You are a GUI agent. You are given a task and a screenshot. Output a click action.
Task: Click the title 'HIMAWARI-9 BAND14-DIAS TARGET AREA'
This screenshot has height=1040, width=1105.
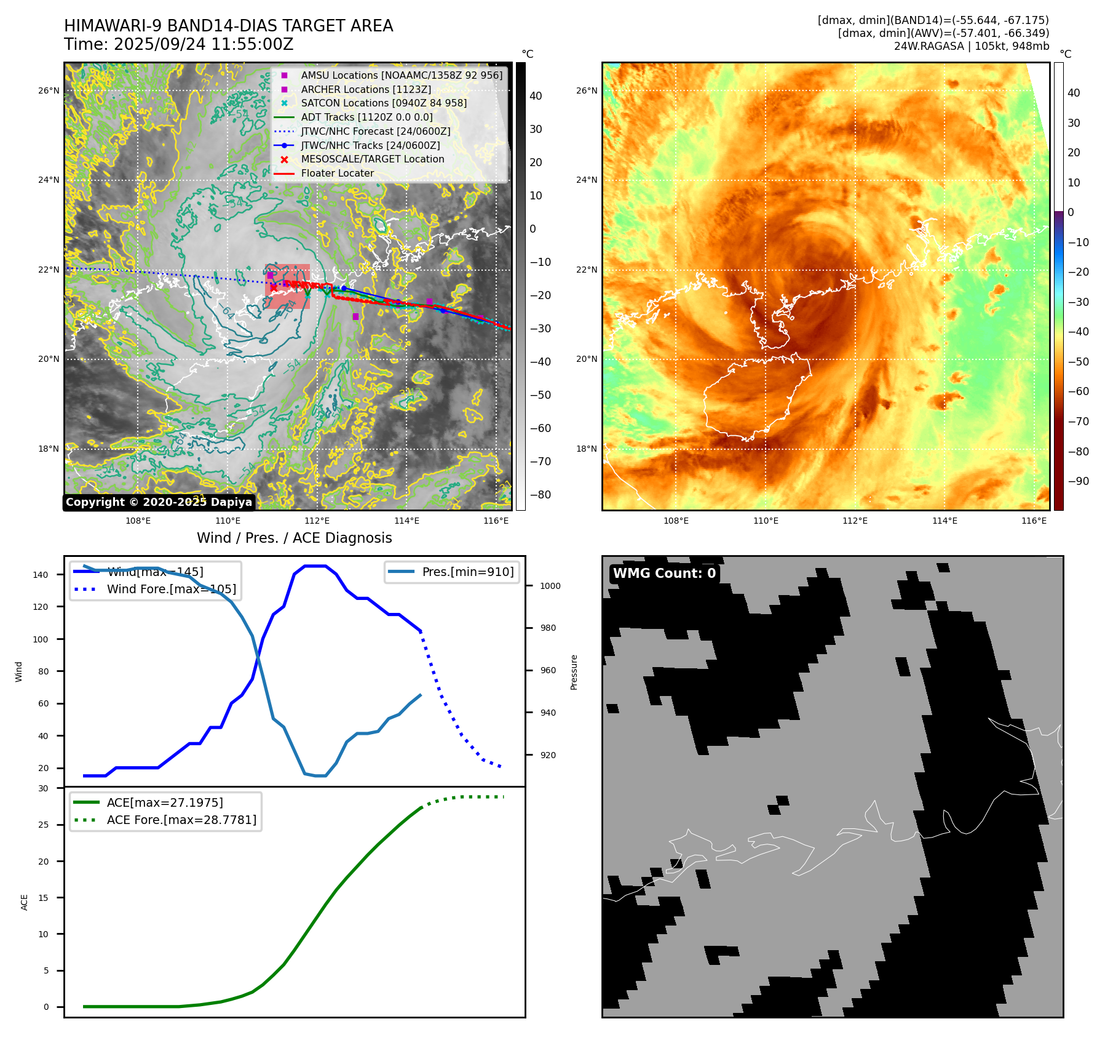pos(228,26)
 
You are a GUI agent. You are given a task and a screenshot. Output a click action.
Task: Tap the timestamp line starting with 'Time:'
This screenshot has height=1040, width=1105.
pos(178,45)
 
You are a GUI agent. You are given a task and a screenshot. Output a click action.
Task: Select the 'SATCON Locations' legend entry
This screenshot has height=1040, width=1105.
pos(383,103)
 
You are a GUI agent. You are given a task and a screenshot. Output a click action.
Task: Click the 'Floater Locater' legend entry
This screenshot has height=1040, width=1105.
pos(337,173)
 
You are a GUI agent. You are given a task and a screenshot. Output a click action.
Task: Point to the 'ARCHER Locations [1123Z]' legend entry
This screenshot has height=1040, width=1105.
pos(365,89)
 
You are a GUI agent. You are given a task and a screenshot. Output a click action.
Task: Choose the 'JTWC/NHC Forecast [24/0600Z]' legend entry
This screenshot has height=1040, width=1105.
pos(375,131)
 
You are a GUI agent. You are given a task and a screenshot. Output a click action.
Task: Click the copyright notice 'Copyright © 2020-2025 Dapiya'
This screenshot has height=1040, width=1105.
pos(159,502)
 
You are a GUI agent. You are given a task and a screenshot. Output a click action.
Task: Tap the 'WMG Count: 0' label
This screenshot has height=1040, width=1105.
pos(664,574)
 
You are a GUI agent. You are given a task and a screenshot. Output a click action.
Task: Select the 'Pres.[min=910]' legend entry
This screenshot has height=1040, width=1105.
pos(467,572)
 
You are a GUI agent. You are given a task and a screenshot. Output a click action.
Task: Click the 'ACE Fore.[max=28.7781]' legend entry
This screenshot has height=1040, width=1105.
pos(181,820)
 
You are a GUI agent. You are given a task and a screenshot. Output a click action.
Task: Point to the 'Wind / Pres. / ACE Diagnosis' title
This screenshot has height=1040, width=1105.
pos(294,538)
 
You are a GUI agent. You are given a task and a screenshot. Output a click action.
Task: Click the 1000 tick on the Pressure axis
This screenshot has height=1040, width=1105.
pos(550,586)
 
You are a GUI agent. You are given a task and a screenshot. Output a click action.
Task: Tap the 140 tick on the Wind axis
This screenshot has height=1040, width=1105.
pos(41,575)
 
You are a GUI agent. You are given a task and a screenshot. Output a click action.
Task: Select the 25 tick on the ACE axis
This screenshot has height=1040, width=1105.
pos(43,825)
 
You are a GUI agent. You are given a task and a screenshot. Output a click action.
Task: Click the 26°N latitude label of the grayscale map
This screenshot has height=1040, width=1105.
pos(49,90)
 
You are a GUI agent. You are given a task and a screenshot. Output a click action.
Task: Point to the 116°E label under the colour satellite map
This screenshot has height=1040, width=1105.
pos(1034,521)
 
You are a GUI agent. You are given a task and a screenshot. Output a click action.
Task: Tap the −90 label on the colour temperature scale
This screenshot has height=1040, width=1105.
pos(1078,481)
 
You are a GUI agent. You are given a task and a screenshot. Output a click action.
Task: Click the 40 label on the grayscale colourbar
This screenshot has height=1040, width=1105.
pos(536,95)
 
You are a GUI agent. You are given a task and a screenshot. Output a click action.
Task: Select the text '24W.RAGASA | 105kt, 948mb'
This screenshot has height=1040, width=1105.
pos(971,46)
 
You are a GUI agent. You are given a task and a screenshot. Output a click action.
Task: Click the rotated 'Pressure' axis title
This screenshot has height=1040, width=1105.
pos(574,672)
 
